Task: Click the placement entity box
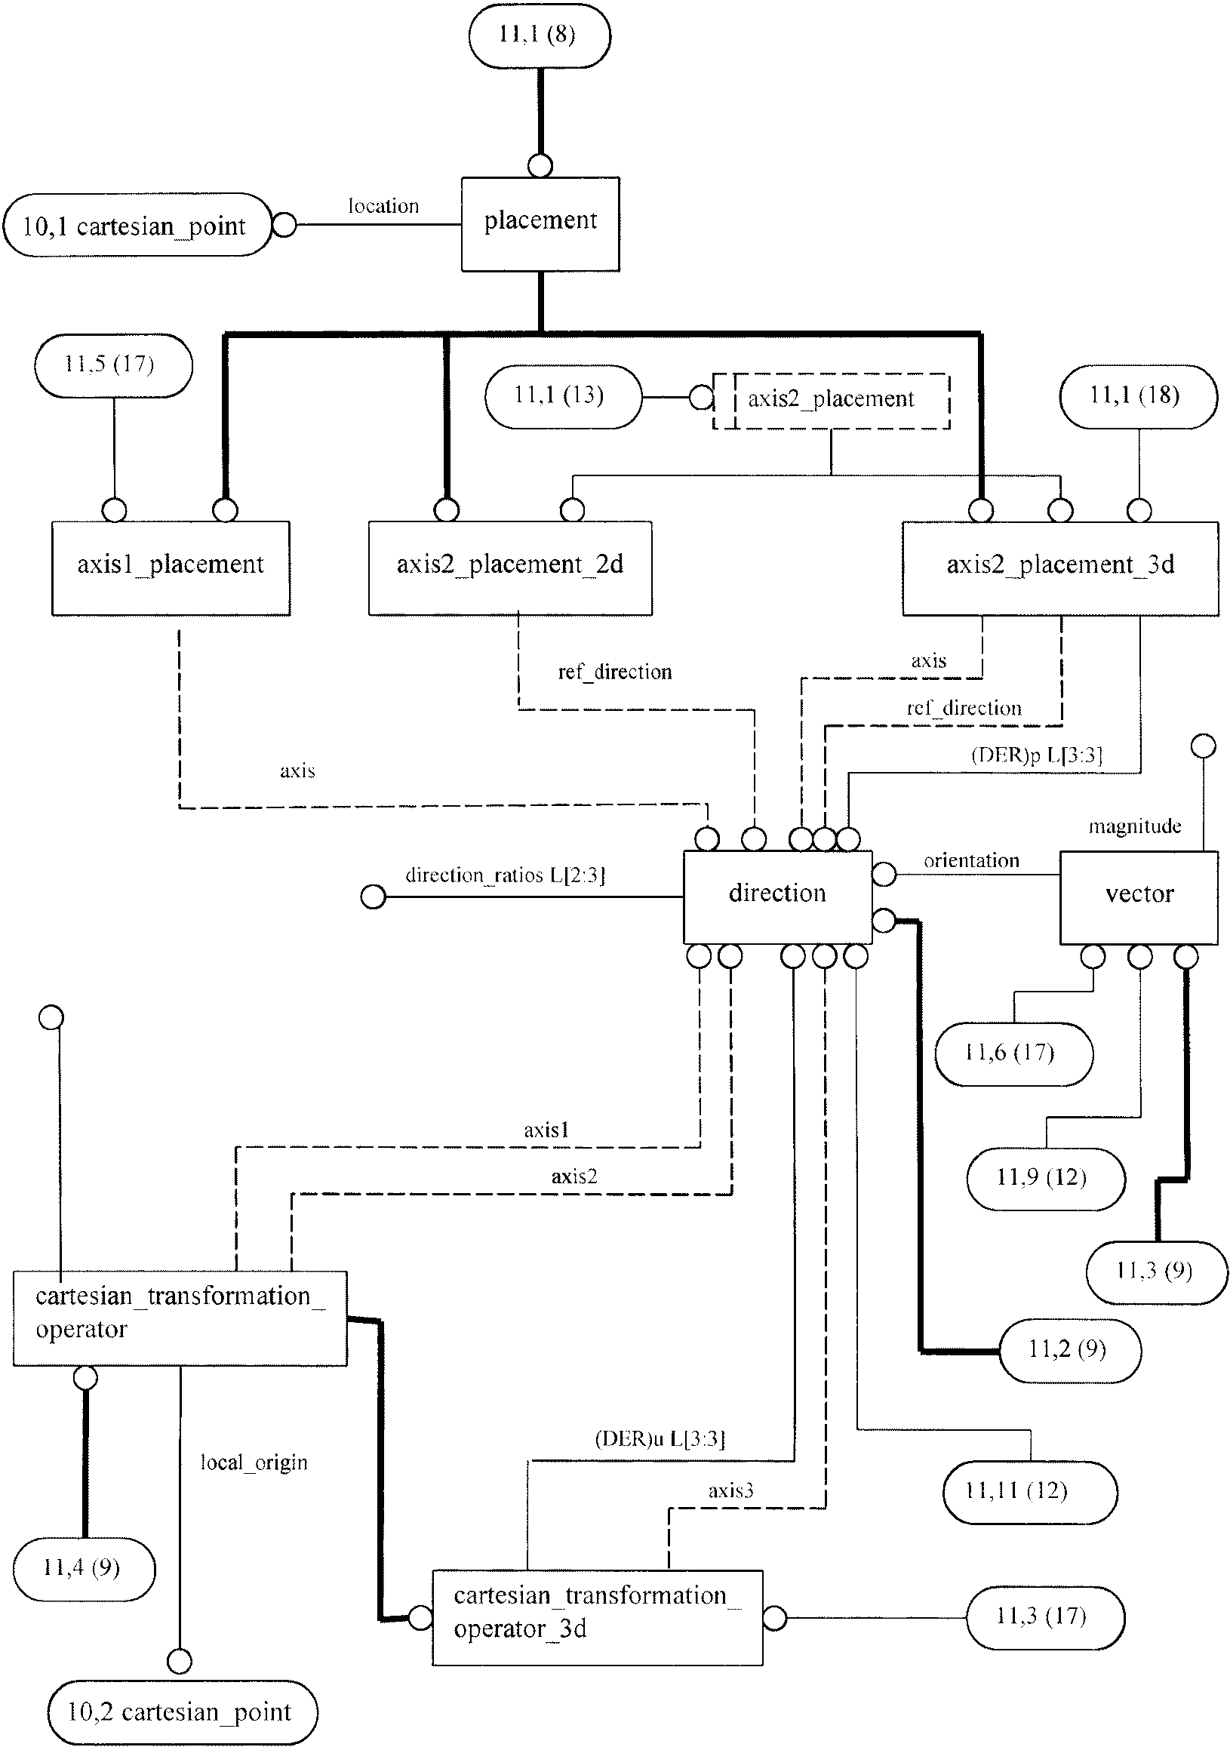[x=540, y=224]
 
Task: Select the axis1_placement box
[x=171, y=567]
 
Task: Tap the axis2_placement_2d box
[x=510, y=567]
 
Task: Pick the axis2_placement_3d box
[x=1060, y=567]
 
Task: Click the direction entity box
[x=777, y=897]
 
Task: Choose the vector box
[x=1139, y=898]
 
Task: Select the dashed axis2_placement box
[x=832, y=401]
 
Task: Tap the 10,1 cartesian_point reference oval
[x=137, y=225]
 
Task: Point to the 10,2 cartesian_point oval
[x=183, y=1712]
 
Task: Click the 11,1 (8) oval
[x=540, y=35]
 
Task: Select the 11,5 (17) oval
[x=113, y=365]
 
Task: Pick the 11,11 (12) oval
[x=1030, y=1492]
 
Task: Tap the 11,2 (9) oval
[x=1069, y=1351]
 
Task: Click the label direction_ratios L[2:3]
[x=505, y=875]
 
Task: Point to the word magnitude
[x=1135, y=826]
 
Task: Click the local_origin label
[x=254, y=1462]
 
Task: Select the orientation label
[x=971, y=860]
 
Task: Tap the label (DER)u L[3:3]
[x=660, y=1439]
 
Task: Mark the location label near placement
[x=383, y=205]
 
